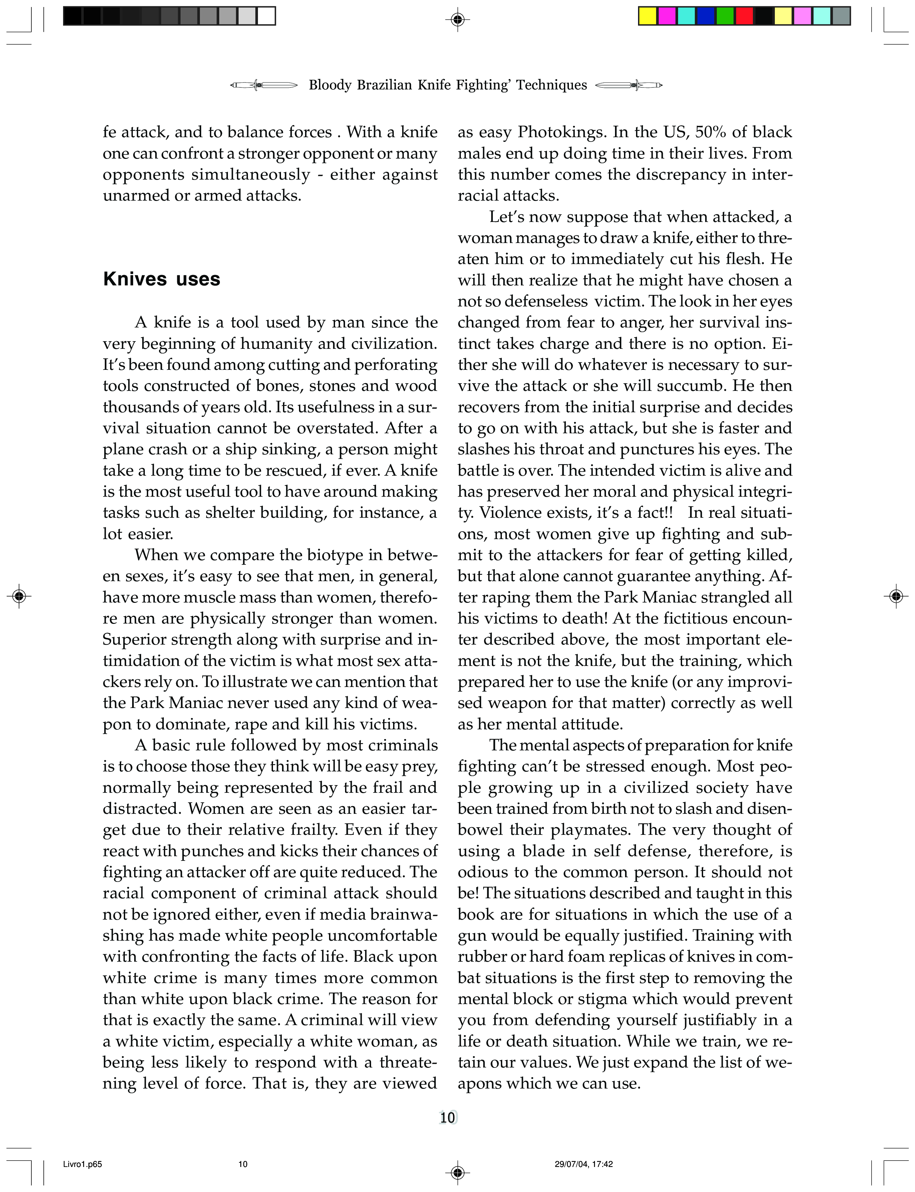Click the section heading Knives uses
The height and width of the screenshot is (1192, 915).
pos(162,279)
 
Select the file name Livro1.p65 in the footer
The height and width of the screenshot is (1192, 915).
pos(79,1164)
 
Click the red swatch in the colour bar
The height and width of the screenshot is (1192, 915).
pos(744,16)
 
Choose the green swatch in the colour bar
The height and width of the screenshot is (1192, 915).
pos(725,16)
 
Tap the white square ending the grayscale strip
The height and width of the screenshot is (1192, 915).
pos(266,16)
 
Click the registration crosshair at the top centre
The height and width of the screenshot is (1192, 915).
pos(457,20)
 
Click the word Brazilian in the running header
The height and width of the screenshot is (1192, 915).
pos(384,85)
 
